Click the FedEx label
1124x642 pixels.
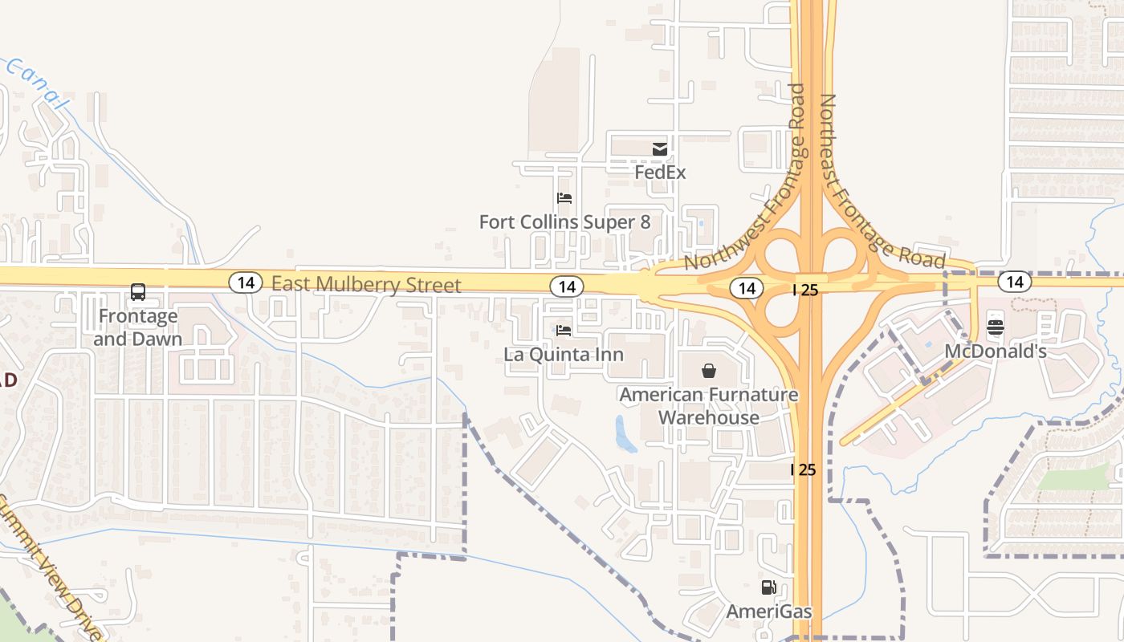tap(660, 173)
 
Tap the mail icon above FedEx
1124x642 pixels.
tap(660, 148)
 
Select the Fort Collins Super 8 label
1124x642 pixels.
tap(564, 221)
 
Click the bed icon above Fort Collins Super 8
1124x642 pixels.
tap(564, 197)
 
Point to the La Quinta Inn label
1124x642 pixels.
tap(564, 354)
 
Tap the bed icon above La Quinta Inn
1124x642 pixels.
tap(564, 330)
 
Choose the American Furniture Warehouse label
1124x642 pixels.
tap(709, 406)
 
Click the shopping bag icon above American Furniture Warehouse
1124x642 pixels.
tap(709, 370)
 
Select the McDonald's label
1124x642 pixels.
tap(996, 351)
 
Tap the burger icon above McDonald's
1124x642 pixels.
tap(996, 327)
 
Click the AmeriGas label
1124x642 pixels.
tap(769, 612)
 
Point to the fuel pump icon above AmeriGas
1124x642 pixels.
tap(769, 587)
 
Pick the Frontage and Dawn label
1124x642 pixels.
tap(138, 327)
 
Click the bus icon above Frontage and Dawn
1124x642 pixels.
tap(138, 292)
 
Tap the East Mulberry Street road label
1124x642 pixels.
tap(366, 285)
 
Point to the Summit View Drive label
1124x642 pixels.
tap(48, 567)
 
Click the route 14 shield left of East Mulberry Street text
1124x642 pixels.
tap(246, 282)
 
